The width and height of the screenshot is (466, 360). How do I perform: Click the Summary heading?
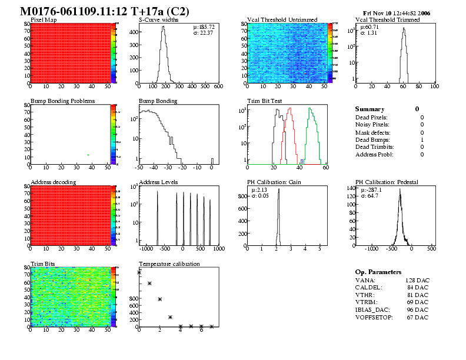tap(370, 109)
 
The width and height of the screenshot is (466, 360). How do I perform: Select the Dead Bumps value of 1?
tap(422, 139)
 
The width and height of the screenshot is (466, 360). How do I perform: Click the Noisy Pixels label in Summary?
tap(372, 125)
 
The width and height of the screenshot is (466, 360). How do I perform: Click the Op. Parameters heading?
tap(378, 272)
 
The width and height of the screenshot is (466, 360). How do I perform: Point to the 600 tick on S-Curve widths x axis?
tap(218, 86)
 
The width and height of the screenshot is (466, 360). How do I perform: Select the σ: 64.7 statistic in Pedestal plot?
tap(370, 195)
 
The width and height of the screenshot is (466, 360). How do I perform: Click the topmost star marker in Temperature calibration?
tap(139, 272)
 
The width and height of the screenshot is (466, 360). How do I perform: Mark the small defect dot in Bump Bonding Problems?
tap(88, 155)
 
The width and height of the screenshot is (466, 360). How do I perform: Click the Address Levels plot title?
tap(158, 182)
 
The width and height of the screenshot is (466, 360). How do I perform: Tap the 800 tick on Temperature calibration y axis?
tap(132, 299)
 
